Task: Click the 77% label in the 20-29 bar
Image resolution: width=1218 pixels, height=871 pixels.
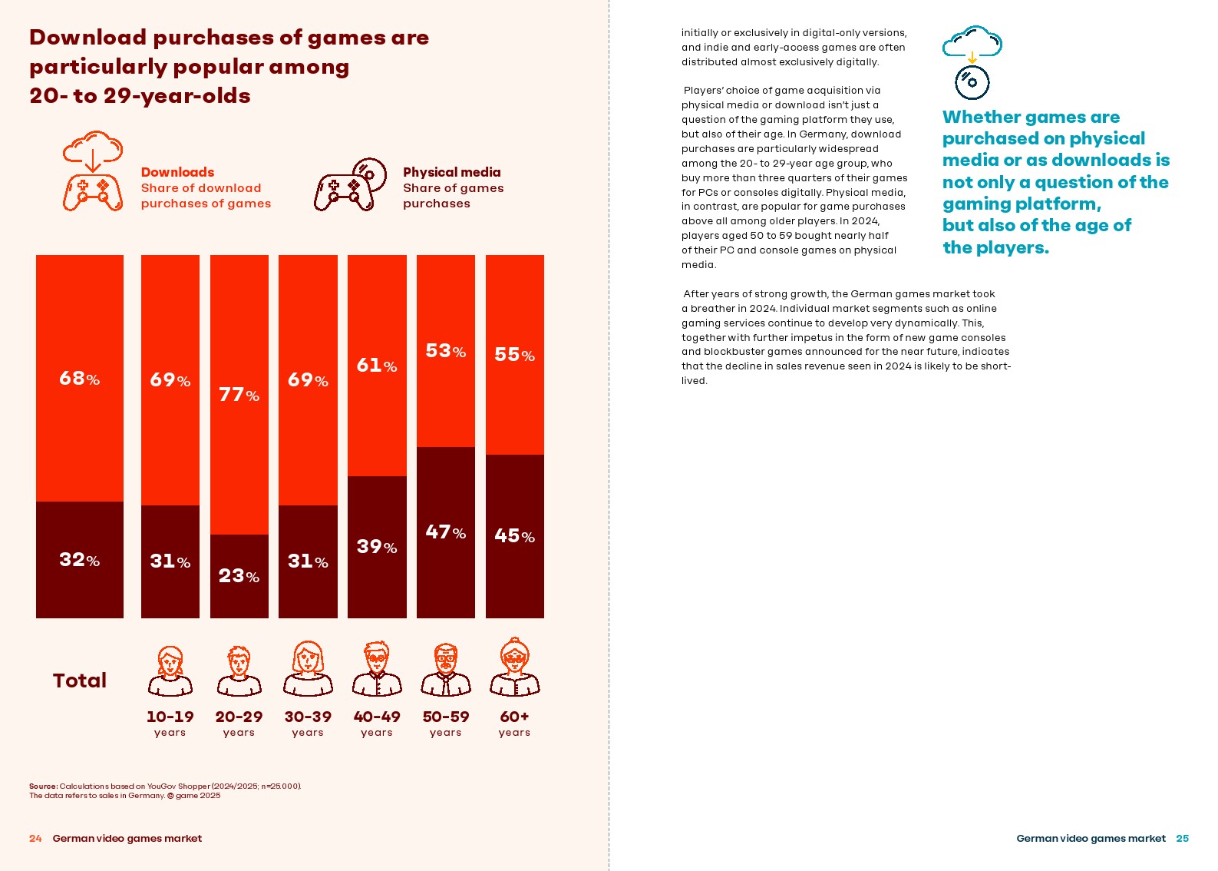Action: (x=239, y=395)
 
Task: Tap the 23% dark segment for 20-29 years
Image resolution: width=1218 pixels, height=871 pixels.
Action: (x=239, y=576)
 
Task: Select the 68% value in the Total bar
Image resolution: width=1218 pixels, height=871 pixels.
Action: (x=79, y=379)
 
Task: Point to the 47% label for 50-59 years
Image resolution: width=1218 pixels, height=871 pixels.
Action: (x=445, y=532)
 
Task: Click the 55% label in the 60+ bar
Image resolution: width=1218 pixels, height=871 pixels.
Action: (x=514, y=355)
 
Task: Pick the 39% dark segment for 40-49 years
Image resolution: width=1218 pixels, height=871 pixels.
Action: (x=377, y=547)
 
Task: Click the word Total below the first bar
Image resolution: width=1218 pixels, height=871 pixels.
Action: (x=80, y=681)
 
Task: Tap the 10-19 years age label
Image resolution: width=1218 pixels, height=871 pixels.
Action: (x=170, y=723)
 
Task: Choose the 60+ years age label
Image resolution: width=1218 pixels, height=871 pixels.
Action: (x=514, y=723)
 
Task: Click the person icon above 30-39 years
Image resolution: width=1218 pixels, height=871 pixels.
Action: (x=308, y=668)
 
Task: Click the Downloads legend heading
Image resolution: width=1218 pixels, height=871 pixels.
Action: (x=177, y=172)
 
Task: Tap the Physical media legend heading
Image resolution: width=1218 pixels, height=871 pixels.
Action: (x=451, y=172)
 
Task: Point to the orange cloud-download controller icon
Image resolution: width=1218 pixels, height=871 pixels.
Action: (x=93, y=171)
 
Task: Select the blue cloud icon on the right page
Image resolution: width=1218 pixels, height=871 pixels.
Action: (x=972, y=43)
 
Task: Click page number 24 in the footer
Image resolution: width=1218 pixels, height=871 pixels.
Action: (x=35, y=839)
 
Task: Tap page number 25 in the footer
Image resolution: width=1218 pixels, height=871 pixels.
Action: (x=1182, y=839)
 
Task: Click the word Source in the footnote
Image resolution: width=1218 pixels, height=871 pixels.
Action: (x=43, y=787)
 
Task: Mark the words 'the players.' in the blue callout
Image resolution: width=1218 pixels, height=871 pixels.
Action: (x=995, y=248)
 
